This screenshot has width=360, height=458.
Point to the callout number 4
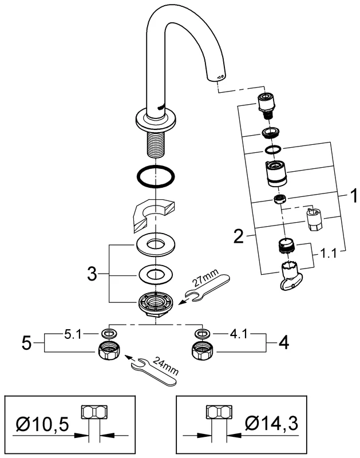coord(283,343)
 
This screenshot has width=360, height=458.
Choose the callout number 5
coord(26,343)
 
